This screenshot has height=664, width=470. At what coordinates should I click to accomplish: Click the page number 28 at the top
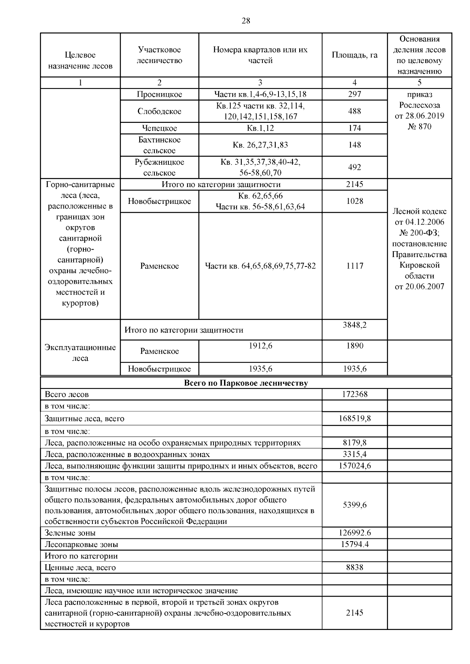246,21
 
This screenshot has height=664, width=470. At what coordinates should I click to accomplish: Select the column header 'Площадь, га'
354,55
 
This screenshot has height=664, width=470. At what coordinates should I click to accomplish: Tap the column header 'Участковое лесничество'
159,55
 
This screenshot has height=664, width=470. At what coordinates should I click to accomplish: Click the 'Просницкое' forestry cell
159,94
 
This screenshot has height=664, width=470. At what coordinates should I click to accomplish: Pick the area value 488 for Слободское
354,111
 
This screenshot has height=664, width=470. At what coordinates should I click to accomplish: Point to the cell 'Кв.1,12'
260,128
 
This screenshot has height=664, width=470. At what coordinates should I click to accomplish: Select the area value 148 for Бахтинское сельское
354,145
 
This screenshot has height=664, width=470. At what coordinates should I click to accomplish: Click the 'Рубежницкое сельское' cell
159,167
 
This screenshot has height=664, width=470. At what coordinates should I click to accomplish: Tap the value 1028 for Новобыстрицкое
354,201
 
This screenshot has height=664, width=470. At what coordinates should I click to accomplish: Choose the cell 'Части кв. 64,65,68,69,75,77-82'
260,266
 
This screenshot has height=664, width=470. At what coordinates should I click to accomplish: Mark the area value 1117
354,266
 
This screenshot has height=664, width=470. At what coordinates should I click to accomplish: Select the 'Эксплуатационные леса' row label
80,353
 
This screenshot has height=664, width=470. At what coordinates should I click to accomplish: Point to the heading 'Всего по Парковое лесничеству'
246,383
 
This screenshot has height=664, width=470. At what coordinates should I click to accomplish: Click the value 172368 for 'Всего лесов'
354,394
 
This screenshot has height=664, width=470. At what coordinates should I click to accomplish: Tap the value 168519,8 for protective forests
354,419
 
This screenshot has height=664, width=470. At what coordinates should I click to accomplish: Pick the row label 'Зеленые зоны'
70,533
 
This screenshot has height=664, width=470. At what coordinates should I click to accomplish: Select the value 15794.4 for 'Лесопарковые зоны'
354,544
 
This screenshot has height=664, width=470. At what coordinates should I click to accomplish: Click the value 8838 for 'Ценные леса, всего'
354,567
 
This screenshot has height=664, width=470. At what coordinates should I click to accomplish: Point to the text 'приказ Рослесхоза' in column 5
419,100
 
